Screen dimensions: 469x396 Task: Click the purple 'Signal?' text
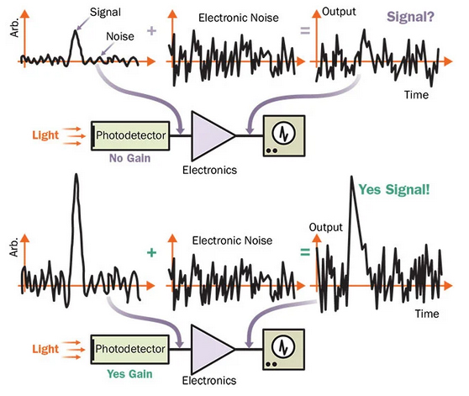coord(410,17)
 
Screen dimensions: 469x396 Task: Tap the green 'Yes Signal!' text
coord(394,190)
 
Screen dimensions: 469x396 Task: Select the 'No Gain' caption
coord(129,158)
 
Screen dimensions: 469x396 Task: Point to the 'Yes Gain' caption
coord(129,374)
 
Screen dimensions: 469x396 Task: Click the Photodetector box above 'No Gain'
coord(130,136)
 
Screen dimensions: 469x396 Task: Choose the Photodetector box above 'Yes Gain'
coord(129,350)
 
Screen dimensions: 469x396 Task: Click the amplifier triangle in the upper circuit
coord(211,136)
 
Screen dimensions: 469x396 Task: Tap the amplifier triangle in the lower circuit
coord(211,349)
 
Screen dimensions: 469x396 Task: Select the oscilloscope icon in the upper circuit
coord(284,136)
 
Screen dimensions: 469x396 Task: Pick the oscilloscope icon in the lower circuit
coord(283,350)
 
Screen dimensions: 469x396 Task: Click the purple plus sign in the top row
coord(151,30)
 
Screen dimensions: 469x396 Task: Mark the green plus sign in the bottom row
coord(151,253)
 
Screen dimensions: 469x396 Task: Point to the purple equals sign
coord(305,30)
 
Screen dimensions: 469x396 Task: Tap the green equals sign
coord(305,253)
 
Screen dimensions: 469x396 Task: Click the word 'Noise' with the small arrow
coord(120,36)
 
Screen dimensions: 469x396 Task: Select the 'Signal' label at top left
coord(105,13)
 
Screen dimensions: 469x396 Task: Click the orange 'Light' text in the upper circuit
coord(45,135)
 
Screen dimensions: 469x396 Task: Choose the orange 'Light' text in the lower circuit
coord(45,349)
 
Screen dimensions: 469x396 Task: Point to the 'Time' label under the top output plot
coord(416,95)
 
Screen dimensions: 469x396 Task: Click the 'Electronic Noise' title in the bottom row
coord(232,240)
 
